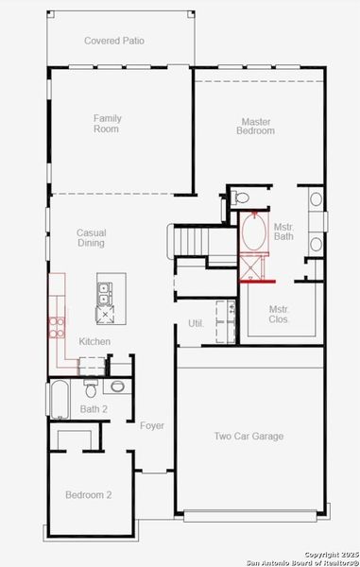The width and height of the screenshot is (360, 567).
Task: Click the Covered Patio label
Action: tap(114, 41)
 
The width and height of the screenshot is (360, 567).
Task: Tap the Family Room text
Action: tap(107, 124)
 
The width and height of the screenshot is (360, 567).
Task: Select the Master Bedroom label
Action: tap(255, 126)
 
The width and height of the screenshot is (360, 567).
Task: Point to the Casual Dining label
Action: tap(91, 237)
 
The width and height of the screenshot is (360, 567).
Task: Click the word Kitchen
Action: tap(94, 341)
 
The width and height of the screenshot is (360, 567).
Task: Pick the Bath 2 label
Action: tap(94, 409)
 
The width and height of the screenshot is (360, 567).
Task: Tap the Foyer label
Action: tap(152, 426)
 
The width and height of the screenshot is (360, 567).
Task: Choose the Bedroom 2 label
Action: tap(89, 495)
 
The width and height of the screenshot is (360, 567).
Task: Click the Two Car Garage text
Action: tap(249, 437)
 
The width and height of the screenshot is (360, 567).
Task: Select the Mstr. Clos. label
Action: tap(279, 314)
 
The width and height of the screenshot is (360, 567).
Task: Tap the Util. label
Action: tap(197, 323)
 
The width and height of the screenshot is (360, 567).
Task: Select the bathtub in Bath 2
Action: tap(59, 400)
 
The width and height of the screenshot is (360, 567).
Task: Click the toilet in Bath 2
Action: tap(91, 388)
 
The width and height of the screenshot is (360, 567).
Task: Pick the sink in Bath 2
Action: tap(118, 387)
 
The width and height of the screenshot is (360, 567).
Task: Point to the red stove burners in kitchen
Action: tap(55, 328)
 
